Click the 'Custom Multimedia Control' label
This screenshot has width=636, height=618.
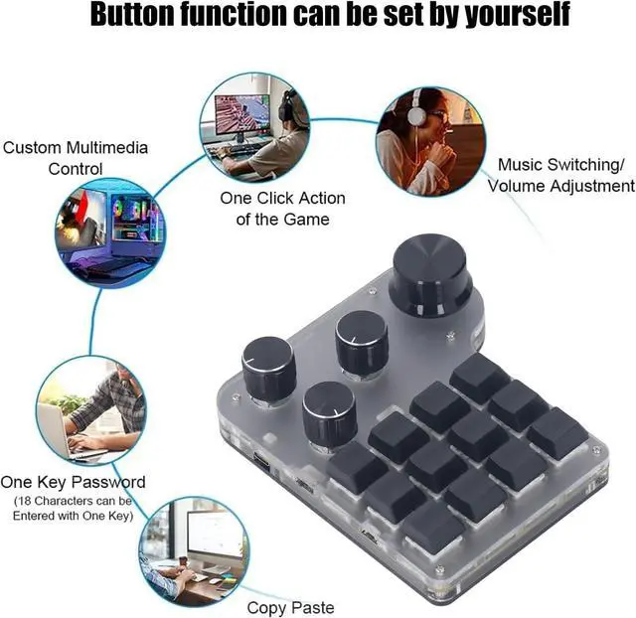point(76,158)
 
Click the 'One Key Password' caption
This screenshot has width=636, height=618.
point(74,482)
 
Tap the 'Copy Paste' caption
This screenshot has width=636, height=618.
point(290,607)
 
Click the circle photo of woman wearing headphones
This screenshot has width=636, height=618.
point(429,140)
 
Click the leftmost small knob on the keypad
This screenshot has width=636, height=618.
point(269,367)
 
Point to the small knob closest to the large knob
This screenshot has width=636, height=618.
point(362,341)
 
